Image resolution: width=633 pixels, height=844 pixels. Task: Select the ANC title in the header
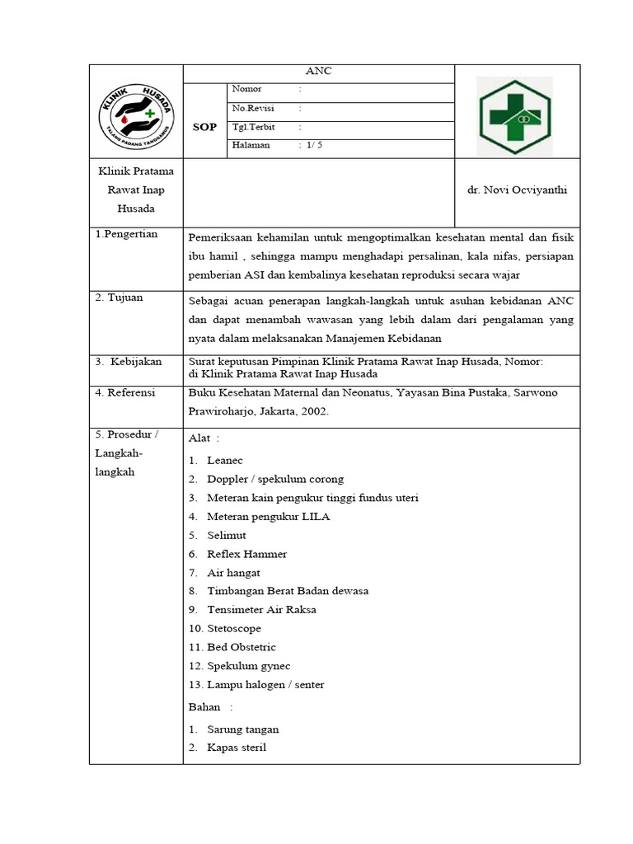[318, 72]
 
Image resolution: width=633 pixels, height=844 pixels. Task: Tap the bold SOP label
[204, 127]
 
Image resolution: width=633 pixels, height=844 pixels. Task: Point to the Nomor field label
[246, 89]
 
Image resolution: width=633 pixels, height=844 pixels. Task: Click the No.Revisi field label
[253, 108]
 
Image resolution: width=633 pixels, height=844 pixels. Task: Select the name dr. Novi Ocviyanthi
[517, 190]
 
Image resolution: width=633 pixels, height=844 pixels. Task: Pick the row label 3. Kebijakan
[129, 361]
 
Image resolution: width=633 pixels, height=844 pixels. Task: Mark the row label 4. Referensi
[125, 392]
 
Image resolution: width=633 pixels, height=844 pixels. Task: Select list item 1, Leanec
[224, 460]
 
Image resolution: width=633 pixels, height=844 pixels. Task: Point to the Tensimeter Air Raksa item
[261, 610]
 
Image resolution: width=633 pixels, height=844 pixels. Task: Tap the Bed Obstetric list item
[241, 647]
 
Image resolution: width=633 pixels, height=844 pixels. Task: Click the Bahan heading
[205, 707]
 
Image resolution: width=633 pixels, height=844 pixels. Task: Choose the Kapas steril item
[237, 748]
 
